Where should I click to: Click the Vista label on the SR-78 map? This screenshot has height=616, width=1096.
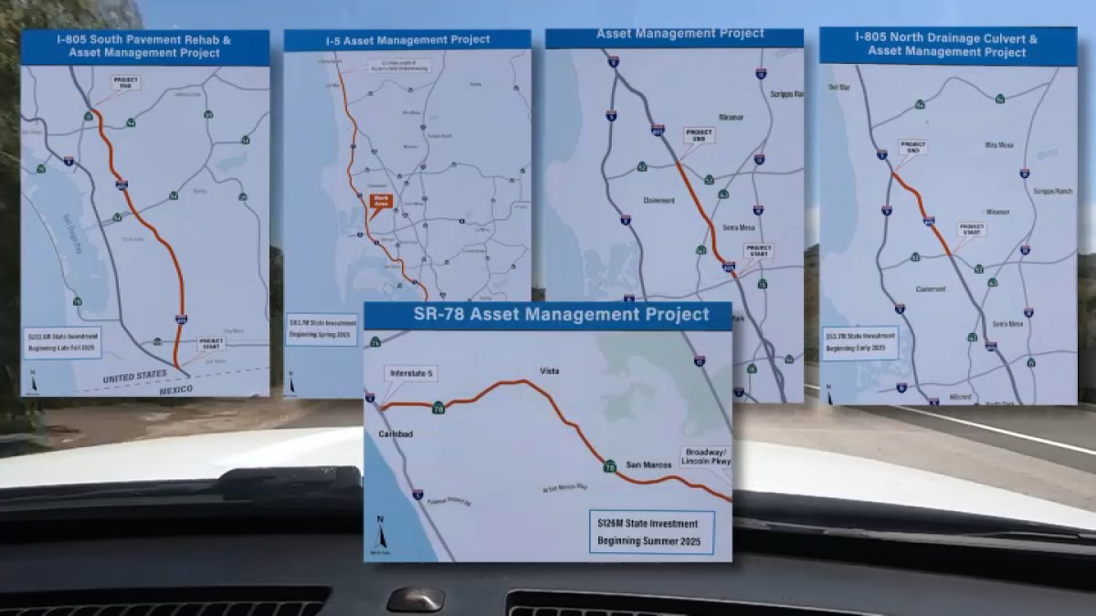point(549,371)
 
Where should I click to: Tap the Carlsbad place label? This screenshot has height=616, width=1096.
point(396,434)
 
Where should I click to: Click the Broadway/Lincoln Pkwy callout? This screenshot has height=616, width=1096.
point(704,456)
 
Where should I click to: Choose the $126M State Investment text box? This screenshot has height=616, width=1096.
point(651,532)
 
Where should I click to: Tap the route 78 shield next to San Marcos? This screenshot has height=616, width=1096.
point(609,465)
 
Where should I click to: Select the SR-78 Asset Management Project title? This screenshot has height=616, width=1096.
point(548,315)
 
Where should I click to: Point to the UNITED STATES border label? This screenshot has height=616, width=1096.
point(135,374)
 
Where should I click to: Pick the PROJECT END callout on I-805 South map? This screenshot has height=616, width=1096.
point(126,82)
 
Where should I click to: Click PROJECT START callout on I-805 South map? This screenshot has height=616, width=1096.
point(211,343)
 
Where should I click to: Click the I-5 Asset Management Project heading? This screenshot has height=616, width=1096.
point(407,39)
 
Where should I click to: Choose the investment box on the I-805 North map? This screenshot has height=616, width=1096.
point(859,342)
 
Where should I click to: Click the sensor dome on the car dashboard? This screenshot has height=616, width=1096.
point(415,599)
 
